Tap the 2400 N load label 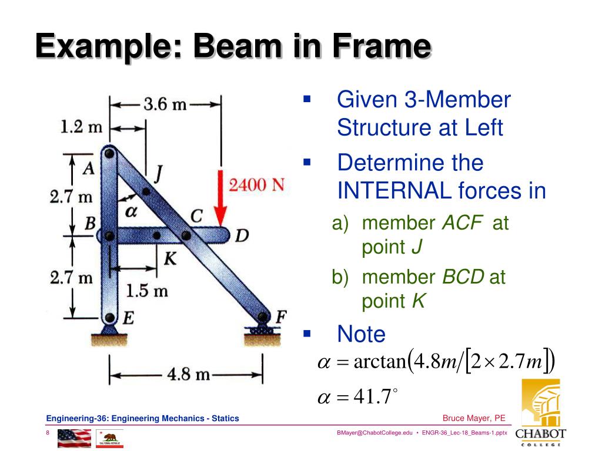pyautogui.click(x=256, y=184)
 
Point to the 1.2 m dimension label pyautogui.click(x=81, y=126)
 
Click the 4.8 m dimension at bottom pyautogui.click(x=188, y=373)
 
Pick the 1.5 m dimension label pyautogui.click(x=147, y=290)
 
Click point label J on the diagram pyautogui.click(x=158, y=173)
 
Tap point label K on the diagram pyautogui.click(x=169, y=258)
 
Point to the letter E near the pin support pyautogui.click(x=127, y=318)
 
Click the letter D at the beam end pyautogui.click(x=242, y=236)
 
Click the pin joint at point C pyautogui.click(x=186, y=235)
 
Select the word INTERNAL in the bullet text pyautogui.click(x=390, y=191)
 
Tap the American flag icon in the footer pyautogui.click(x=74, y=438)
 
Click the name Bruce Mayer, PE pyautogui.click(x=474, y=418)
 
